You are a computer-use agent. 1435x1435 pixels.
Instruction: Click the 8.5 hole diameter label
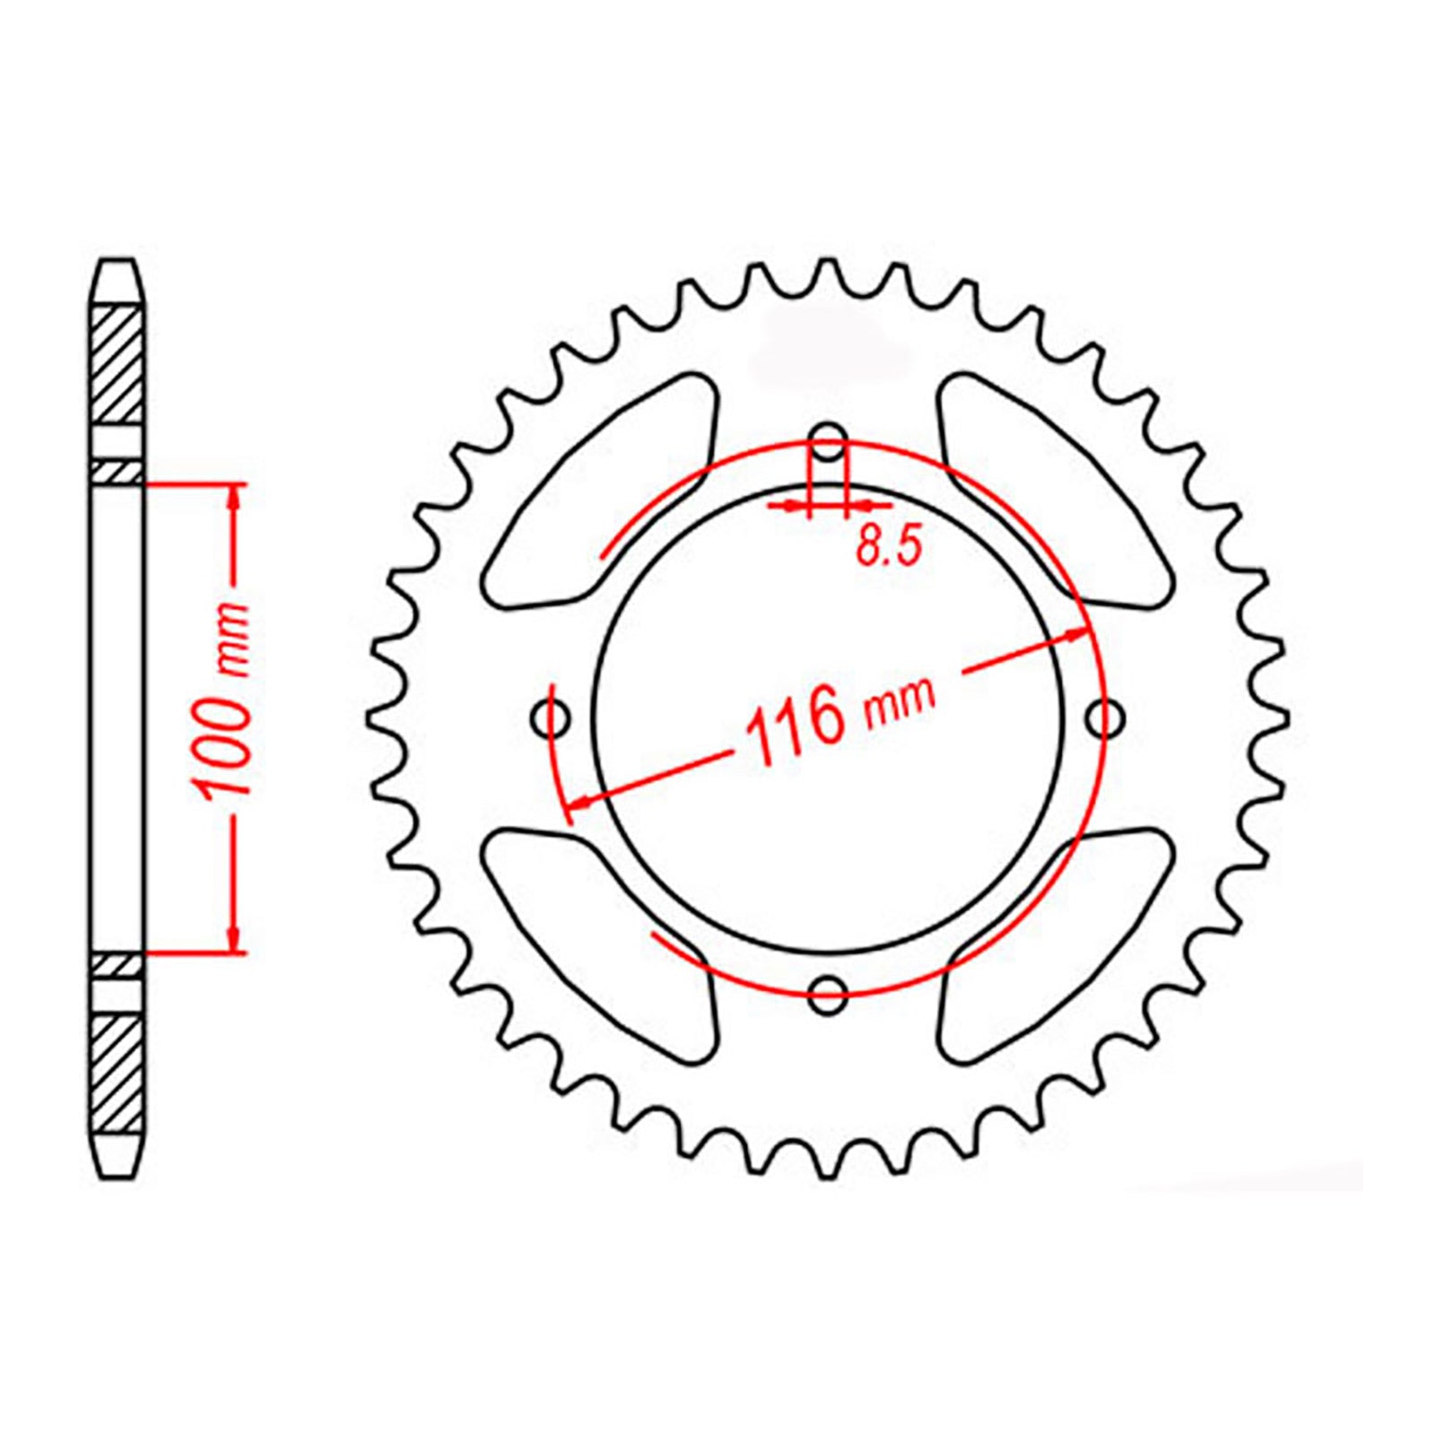889,546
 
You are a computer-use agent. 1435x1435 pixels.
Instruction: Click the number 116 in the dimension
796,725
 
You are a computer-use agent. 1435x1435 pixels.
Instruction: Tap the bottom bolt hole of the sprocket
828,991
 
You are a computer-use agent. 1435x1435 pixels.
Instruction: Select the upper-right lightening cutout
1055,491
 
